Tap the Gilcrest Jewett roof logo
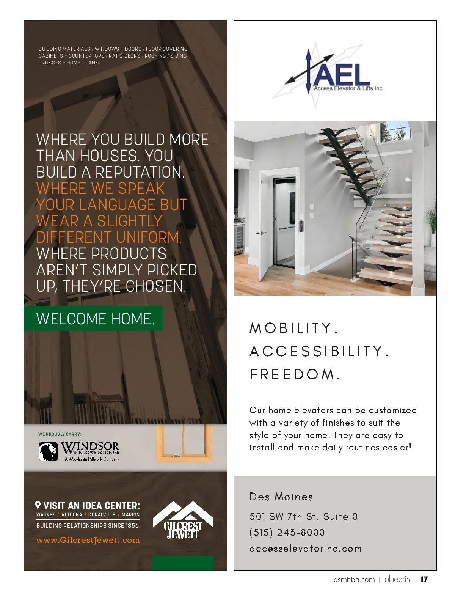(x=183, y=520)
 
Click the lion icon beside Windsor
(x=48, y=451)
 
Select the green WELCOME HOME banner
(x=94, y=319)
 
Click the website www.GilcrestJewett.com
(x=88, y=540)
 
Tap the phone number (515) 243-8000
(x=287, y=532)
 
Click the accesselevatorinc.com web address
(x=305, y=549)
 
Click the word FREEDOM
(x=294, y=374)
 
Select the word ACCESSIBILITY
(x=319, y=351)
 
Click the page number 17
(x=424, y=579)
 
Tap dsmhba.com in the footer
(x=354, y=580)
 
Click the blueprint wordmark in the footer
(x=398, y=579)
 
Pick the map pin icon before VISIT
(x=38, y=505)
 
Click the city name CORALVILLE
(x=102, y=515)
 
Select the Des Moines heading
(x=281, y=497)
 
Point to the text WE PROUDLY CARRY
(x=60, y=434)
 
